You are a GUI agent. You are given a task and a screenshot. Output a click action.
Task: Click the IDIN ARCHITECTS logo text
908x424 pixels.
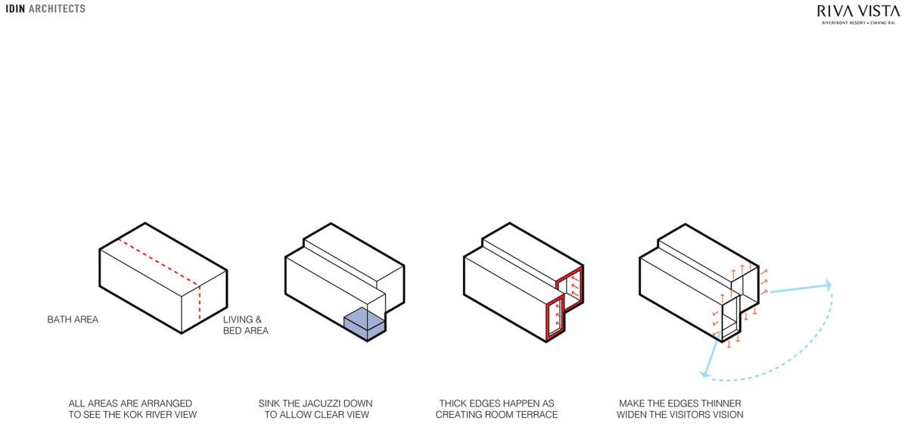[x=45, y=8]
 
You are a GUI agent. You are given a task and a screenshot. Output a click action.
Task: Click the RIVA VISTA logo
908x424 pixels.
[x=858, y=14]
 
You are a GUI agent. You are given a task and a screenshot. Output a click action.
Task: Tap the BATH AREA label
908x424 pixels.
[x=73, y=320]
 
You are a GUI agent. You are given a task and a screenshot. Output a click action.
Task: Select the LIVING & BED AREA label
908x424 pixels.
[x=246, y=325]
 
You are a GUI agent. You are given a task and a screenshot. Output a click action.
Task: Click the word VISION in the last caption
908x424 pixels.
[x=728, y=415]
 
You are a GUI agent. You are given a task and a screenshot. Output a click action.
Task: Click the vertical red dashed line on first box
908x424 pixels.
[x=199, y=303]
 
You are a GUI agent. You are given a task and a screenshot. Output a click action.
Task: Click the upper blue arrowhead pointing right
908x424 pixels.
[x=827, y=285]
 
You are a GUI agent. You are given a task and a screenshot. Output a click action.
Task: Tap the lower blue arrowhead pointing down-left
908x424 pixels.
[x=706, y=373]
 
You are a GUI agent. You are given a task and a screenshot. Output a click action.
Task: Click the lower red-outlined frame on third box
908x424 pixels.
[x=555, y=317]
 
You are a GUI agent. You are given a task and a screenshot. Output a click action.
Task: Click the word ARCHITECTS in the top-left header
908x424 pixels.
[x=58, y=8]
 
